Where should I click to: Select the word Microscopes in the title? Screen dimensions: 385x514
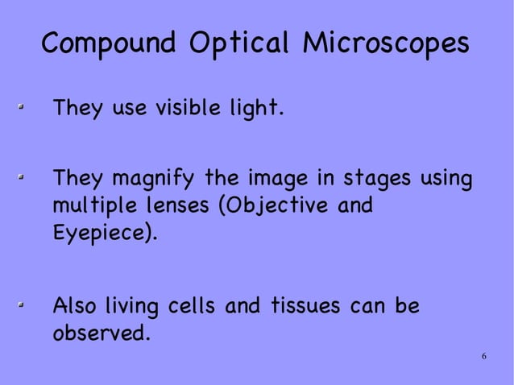click(384, 43)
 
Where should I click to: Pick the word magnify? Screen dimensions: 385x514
click(152, 176)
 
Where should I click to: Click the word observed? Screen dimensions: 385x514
click(99, 333)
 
